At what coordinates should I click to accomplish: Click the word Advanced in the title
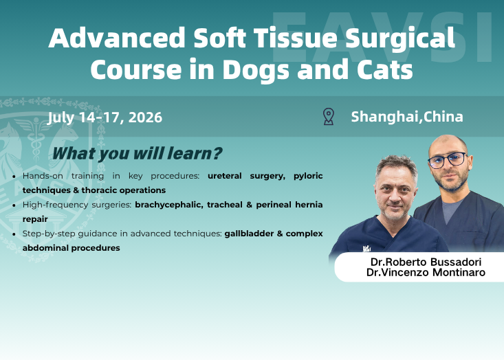point(109,38)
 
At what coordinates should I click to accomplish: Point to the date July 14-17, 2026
point(105,117)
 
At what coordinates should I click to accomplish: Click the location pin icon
point(329,116)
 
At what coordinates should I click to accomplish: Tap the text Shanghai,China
point(407,116)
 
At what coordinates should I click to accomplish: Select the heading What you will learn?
point(137,153)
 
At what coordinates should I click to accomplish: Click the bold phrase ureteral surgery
point(245,176)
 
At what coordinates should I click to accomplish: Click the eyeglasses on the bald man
point(447,161)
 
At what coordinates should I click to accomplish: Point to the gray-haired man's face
point(395,190)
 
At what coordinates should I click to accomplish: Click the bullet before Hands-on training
point(16,177)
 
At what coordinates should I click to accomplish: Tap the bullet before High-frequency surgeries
point(16,205)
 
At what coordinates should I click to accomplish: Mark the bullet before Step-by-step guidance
point(16,234)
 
